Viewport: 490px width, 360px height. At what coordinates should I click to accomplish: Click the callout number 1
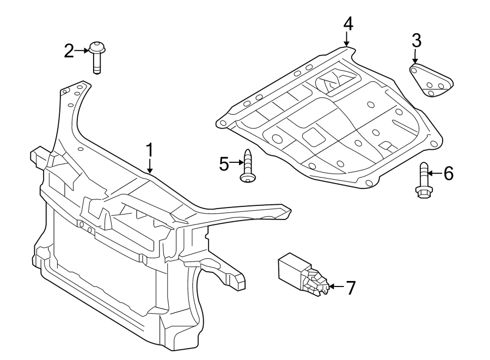point(150,151)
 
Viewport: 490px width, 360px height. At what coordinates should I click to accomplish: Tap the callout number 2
point(69,51)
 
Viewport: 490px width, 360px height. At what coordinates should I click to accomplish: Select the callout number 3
point(416,40)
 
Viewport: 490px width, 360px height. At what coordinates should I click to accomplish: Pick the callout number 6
point(448,173)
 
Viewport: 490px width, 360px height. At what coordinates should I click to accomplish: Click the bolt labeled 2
point(97,56)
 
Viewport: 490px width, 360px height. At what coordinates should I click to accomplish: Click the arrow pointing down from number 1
point(150,167)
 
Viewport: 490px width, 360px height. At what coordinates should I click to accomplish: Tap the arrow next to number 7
point(334,286)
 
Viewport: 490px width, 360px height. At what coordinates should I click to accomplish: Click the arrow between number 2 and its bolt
point(82,51)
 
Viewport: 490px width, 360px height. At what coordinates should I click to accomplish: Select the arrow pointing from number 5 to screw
point(236,162)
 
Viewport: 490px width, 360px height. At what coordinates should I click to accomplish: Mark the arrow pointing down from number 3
point(415,57)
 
